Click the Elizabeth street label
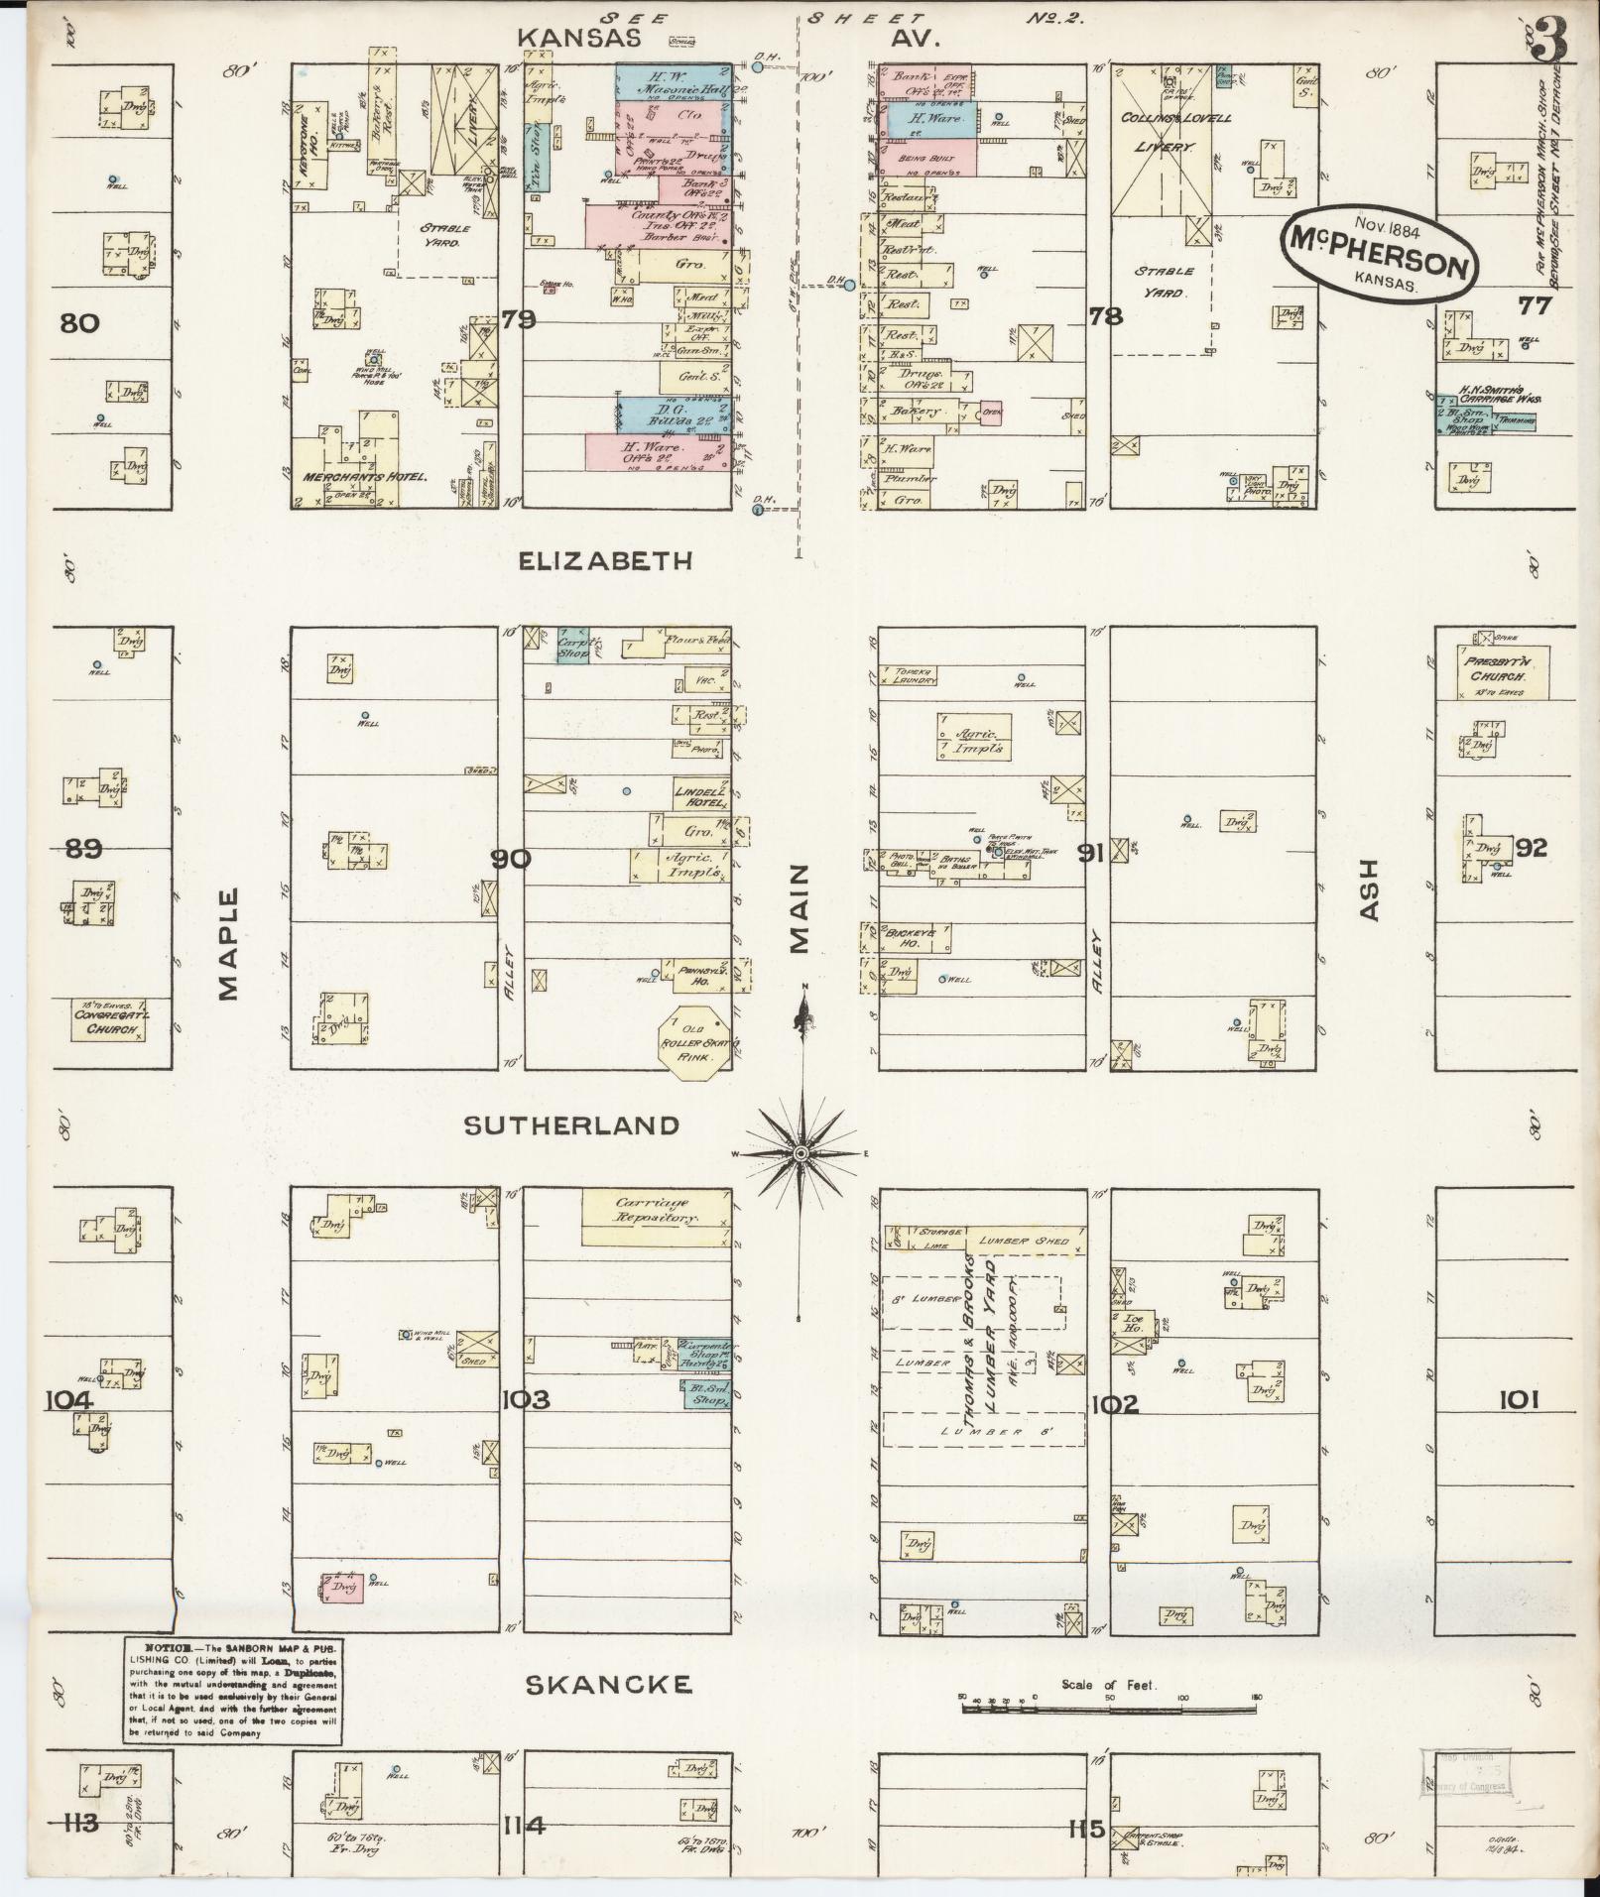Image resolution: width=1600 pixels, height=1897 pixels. tap(606, 562)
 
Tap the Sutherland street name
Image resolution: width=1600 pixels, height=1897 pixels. tap(572, 1126)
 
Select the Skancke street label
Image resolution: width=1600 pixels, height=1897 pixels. tap(607, 1685)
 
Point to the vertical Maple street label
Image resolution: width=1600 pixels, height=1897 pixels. tap(230, 943)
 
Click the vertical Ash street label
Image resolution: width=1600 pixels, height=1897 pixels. tap(1370, 889)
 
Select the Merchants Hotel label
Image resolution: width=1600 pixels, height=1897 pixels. tap(364, 477)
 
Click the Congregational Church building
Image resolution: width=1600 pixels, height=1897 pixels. tap(108, 1020)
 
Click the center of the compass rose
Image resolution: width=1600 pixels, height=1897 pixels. tap(800, 1153)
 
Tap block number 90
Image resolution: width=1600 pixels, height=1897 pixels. tap(512, 859)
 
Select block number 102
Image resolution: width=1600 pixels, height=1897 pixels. tap(1113, 1404)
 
